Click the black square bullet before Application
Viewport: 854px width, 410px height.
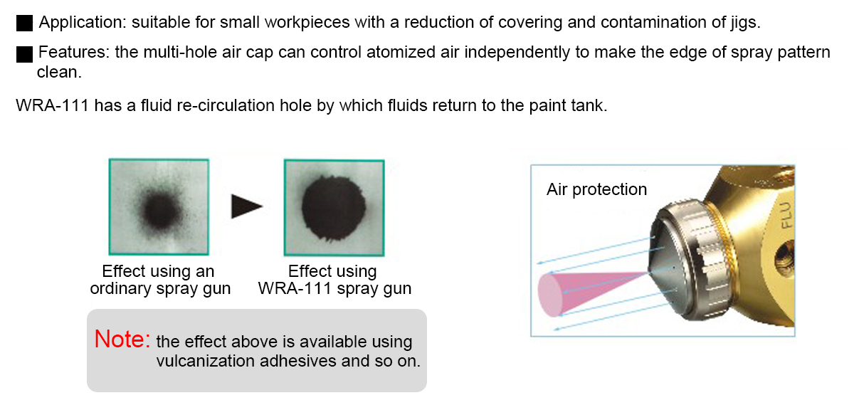(x=24, y=23)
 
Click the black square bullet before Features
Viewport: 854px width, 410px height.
(x=24, y=54)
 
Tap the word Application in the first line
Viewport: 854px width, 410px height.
(x=83, y=23)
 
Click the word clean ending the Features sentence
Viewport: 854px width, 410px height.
(x=59, y=72)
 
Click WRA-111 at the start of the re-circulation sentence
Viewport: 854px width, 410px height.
(x=52, y=105)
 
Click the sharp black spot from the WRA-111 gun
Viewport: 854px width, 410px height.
(x=334, y=208)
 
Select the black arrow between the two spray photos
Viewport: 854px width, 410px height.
(x=247, y=206)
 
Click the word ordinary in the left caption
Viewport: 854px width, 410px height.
(x=120, y=289)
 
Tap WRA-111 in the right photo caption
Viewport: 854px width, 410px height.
(x=295, y=289)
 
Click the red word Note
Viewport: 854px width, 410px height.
(x=122, y=339)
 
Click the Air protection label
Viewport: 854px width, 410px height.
(x=596, y=189)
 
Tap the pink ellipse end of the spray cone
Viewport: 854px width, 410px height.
(x=551, y=295)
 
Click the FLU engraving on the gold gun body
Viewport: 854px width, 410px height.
(x=786, y=216)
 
